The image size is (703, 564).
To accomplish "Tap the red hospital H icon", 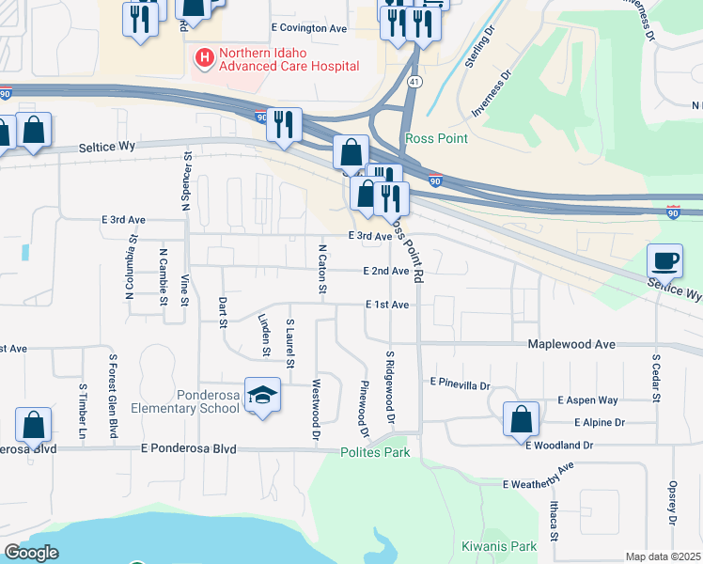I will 203,58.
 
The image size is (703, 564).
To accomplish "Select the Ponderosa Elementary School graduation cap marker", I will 263,396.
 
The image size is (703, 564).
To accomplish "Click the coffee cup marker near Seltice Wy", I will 665,259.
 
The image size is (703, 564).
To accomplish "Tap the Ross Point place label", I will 436,139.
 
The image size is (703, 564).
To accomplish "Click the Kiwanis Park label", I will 498,546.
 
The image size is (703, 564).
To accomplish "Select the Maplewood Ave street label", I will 571,345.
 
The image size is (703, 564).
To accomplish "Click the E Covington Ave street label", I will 308,29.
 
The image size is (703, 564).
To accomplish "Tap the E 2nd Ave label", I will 386,271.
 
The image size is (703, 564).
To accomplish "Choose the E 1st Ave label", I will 387,305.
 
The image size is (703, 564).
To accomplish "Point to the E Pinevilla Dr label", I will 461,384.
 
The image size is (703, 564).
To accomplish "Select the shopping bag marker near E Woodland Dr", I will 521,419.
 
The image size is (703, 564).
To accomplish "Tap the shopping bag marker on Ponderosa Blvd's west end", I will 33,425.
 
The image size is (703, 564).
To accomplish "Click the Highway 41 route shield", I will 414,84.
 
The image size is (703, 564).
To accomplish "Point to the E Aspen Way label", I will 587,400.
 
